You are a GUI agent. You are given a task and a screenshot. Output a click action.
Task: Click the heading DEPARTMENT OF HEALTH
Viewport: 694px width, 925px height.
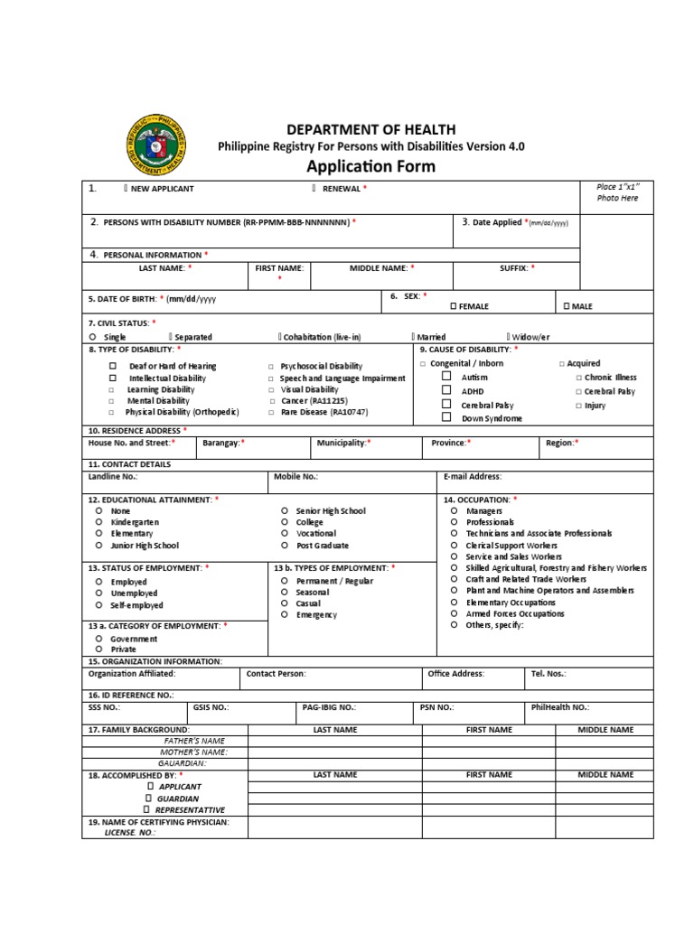[x=371, y=130]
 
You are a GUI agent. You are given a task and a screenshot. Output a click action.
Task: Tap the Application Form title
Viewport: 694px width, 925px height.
[x=370, y=166]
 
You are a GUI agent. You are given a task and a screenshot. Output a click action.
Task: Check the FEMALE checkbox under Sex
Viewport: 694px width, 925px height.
[x=454, y=306]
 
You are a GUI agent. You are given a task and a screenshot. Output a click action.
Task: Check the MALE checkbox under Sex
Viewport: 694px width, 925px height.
[x=567, y=306]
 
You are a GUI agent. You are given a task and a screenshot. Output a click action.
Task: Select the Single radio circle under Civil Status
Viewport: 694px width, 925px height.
[x=92, y=337]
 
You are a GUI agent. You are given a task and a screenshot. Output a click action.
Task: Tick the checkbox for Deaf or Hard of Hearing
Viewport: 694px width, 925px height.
[x=113, y=366]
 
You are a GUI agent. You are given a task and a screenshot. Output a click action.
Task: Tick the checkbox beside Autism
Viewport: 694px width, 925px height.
[x=446, y=377]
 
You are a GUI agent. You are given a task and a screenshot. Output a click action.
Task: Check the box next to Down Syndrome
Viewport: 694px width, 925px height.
[x=446, y=418]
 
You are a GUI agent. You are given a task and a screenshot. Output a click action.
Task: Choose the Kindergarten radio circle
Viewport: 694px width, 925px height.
[x=98, y=522]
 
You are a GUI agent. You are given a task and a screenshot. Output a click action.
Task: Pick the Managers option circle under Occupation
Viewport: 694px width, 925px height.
[x=454, y=510]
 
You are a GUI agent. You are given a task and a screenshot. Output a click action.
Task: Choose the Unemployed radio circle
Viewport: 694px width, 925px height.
[x=98, y=593]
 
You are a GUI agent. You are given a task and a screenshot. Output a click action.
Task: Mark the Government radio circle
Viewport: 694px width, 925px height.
[x=98, y=639]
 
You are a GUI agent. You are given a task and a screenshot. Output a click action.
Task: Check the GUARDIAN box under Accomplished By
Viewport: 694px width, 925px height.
[x=148, y=799]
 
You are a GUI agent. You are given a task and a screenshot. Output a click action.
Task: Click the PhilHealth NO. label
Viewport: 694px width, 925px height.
[x=560, y=707]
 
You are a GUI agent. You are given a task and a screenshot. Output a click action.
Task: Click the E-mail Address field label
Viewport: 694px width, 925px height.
[x=472, y=476]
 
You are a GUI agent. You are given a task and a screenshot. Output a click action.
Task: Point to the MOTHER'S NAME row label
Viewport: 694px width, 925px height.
[x=193, y=752]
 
